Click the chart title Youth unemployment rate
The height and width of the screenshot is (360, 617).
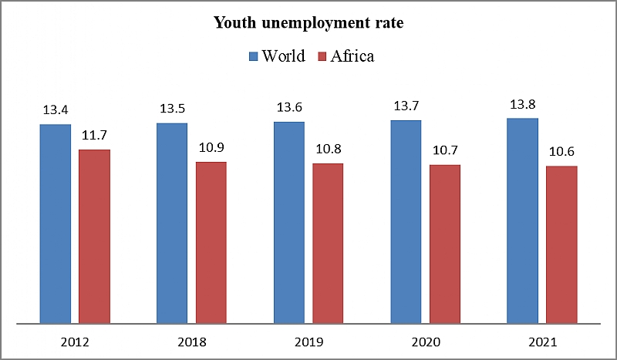308,24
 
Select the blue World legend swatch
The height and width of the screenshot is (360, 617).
253,56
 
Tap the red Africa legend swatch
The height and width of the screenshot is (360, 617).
322,56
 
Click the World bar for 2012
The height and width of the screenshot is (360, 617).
55,224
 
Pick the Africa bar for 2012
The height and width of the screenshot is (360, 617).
94,236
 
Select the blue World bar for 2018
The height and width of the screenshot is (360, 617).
172,223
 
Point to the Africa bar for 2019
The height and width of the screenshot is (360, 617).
328,243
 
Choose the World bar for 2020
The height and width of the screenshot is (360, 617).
406,221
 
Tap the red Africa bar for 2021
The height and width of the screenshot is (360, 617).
561,244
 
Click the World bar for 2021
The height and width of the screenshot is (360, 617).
522,220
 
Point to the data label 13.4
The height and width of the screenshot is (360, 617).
56,110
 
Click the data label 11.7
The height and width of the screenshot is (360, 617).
94,136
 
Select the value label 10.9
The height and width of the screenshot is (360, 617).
211,148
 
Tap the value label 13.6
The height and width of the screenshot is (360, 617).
289,107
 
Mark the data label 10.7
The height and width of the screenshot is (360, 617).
445,151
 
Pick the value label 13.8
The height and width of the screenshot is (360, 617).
522,104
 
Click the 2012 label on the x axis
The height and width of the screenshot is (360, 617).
75,341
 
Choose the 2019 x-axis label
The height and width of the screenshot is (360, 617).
308,341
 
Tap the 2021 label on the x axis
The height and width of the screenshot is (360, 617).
542,341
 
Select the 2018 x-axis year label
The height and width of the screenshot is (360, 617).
191,341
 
